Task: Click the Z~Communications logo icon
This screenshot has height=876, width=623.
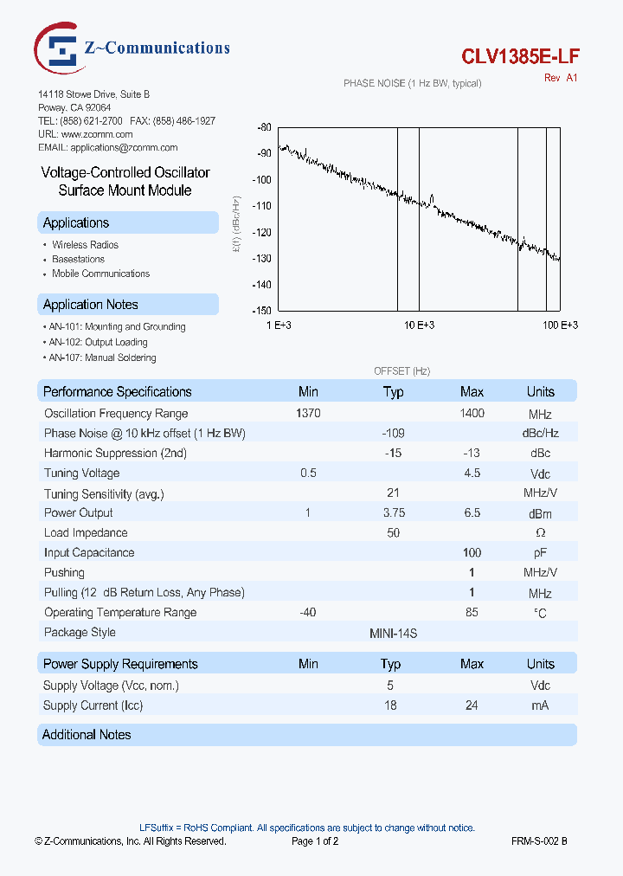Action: [x=59, y=48]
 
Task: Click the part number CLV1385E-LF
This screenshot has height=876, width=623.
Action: [x=520, y=56]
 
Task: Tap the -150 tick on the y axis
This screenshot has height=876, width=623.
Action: [x=262, y=311]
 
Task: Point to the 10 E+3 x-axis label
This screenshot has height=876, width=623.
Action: [x=419, y=325]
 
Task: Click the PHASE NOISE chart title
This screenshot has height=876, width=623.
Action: [x=412, y=83]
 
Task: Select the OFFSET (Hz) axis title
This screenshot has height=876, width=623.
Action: [x=401, y=370]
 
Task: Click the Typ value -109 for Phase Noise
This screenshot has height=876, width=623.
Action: [x=393, y=433]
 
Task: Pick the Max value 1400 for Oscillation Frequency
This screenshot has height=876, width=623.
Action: [x=472, y=414]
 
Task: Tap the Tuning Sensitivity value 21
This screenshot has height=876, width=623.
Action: [x=393, y=493]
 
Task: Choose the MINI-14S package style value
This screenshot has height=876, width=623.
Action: [x=393, y=633]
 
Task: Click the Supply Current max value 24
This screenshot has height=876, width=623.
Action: [x=472, y=705]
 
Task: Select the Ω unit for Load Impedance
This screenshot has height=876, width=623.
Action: [x=540, y=533]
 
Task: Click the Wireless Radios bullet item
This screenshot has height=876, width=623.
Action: [x=85, y=245]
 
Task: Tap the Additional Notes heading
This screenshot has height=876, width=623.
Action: [x=87, y=735]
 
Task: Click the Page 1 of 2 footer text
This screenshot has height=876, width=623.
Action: [x=315, y=841]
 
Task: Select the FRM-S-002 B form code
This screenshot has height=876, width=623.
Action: [x=539, y=841]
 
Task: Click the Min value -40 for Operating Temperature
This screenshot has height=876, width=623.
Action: [x=308, y=613]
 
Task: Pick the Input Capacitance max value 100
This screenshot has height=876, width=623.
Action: [x=472, y=552]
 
